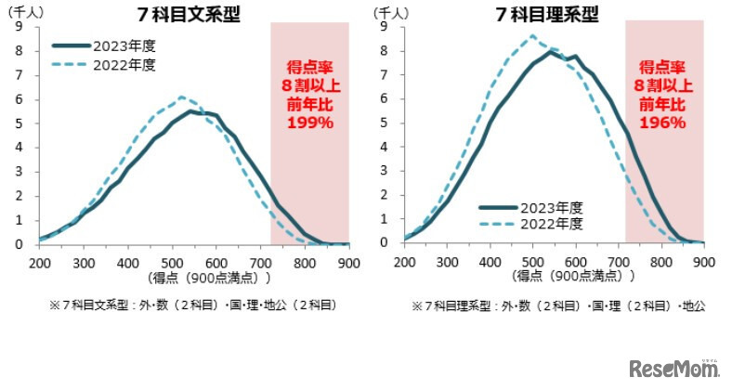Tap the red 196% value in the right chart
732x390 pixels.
[x=664, y=122]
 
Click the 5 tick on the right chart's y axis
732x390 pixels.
[x=384, y=123]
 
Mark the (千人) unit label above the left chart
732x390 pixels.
[x=25, y=12]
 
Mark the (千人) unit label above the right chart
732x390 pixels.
[x=391, y=12]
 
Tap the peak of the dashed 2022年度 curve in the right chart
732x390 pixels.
[x=532, y=36]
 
